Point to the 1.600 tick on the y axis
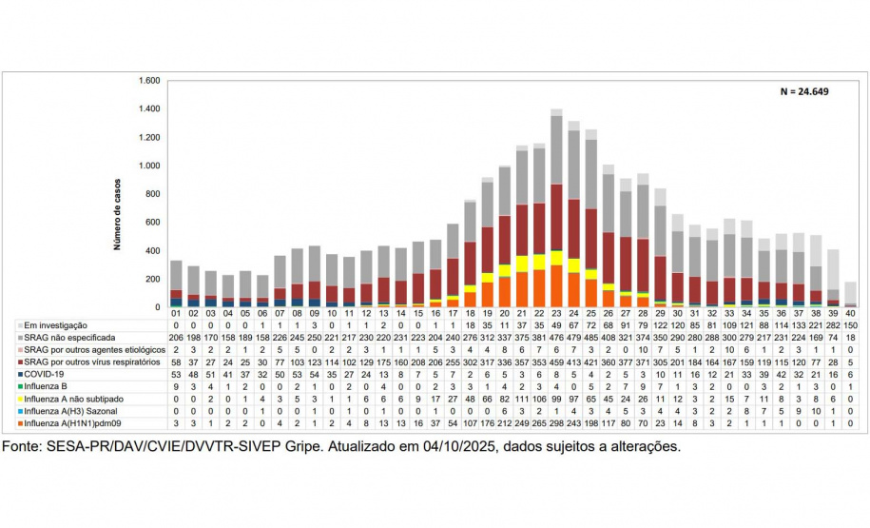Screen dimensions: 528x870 148,81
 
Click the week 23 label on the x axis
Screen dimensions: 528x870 556,313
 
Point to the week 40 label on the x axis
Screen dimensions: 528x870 850,313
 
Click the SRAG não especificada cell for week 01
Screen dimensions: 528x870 176,338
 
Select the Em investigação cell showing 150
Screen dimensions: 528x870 850,325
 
